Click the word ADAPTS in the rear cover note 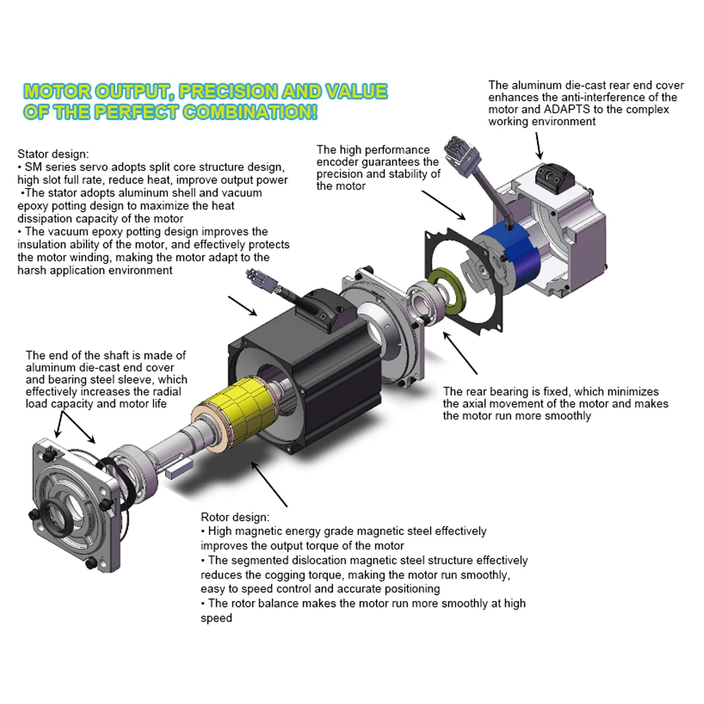(x=568, y=109)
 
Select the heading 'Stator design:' (x=54, y=154)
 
